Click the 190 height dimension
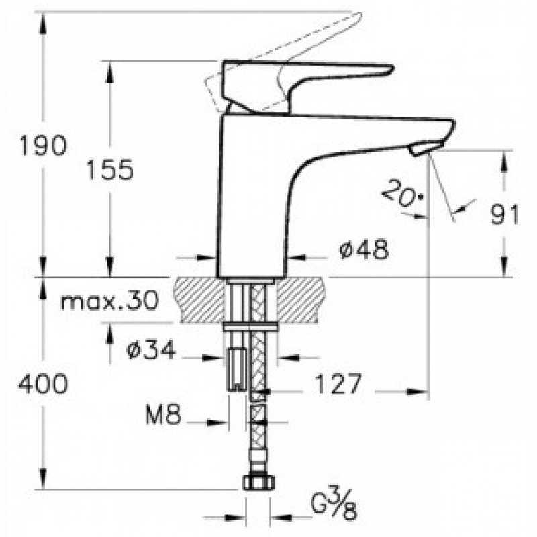(x=43, y=145)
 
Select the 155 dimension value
(x=109, y=170)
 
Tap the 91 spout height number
(x=505, y=215)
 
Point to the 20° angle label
(x=403, y=195)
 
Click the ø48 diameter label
(x=364, y=249)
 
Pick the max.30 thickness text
(x=109, y=300)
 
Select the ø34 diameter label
(x=150, y=350)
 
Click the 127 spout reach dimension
(x=338, y=383)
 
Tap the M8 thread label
(x=163, y=414)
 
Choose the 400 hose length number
(x=43, y=383)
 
